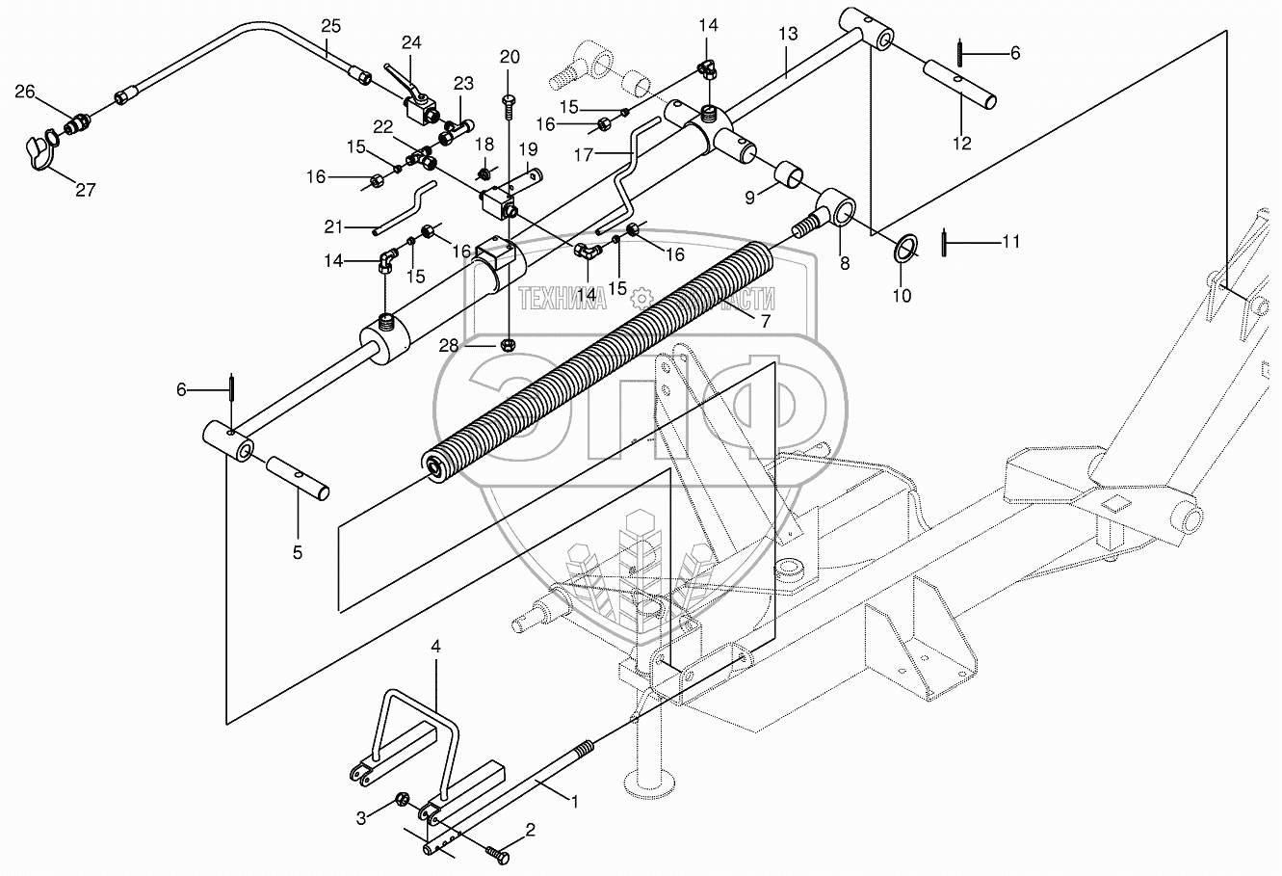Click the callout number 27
point(85,191)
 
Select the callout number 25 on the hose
point(330,24)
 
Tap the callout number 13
point(788,35)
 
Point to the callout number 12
point(962,145)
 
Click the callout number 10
point(901,297)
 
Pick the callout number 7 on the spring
point(766,322)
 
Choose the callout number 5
point(298,553)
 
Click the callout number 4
point(435,648)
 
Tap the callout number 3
point(361,819)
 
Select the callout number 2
point(529,829)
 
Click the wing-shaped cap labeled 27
point(39,154)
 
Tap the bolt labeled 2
point(496,852)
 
